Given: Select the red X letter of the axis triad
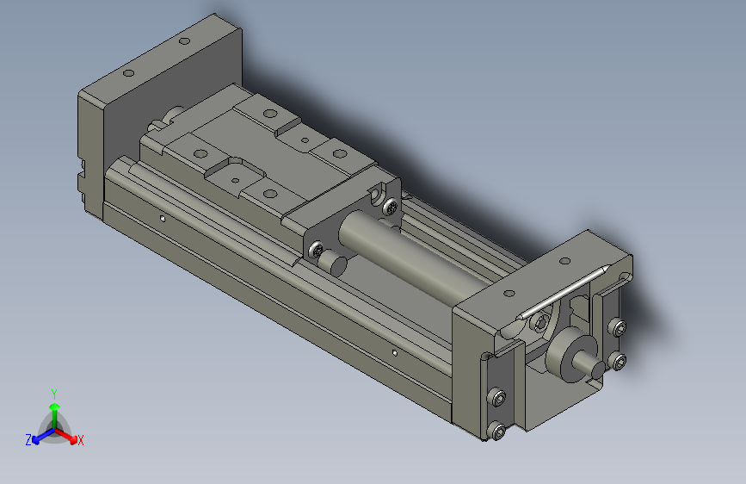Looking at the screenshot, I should (81, 440).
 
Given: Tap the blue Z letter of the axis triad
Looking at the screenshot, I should (28, 439).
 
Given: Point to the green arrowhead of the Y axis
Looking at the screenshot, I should (54, 404).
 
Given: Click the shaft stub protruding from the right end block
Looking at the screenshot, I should (592, 365).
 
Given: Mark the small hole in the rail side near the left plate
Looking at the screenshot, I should (163, 218).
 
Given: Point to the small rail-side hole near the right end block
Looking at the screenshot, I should (394, 351).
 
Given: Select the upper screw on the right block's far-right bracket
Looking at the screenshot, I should (616, 326).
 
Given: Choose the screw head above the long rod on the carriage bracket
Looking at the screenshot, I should (391, 207).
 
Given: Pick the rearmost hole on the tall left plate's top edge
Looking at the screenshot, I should (184, 40).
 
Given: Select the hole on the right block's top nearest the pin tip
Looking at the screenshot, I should (564, 261).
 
